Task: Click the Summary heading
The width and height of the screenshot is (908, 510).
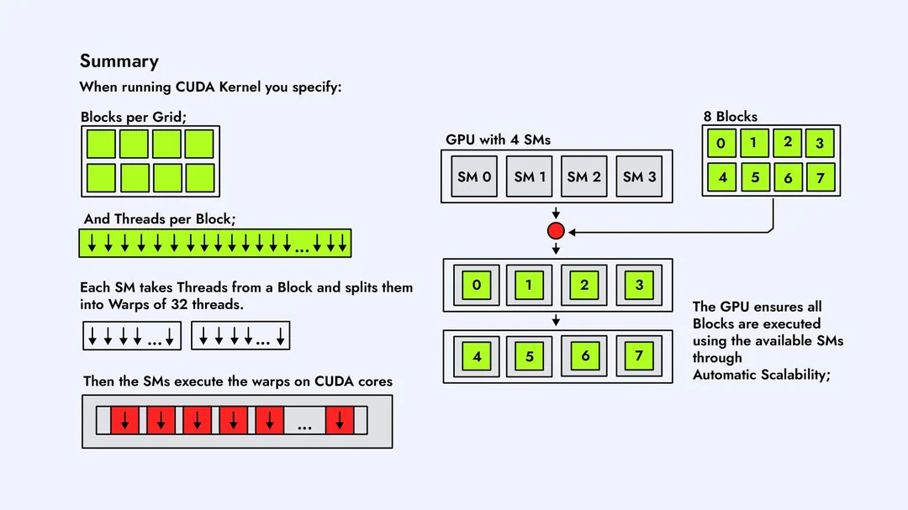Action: click(x=119, y=61)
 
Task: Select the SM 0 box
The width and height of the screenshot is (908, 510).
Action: click(x=474, y=176)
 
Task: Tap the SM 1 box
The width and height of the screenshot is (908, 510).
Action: click(x=530, y=176)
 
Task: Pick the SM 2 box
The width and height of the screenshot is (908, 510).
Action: click(x=583, y=176)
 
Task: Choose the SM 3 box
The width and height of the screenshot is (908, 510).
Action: click(x=639, y=176)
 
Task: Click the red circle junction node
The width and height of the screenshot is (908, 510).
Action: click(x=555, y=231)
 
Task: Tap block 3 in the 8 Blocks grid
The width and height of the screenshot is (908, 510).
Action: click(x=820, y=143)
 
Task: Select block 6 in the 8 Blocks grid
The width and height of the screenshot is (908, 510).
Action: click(x=788, y=177)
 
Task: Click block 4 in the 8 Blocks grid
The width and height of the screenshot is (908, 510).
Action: click(x=721, y=177)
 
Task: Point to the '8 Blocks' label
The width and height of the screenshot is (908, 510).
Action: click(x=730, y=117)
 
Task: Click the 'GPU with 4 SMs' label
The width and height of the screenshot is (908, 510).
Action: click(x=498, y=139)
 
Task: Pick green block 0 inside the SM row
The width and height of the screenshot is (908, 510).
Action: click(x=476, y=285)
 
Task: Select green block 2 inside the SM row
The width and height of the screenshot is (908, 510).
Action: click(x=584, y=285)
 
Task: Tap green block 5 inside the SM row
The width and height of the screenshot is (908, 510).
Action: click(x=530, y=356)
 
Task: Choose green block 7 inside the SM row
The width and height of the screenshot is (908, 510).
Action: click(x=639, y=356)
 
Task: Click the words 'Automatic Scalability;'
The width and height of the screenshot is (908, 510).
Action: click(x=761, y=375)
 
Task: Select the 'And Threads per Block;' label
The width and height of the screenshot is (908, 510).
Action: click(x=160, y=219)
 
